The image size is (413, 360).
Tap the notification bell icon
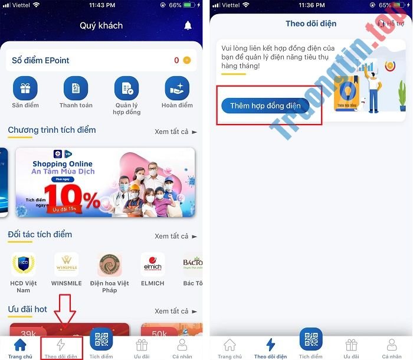click(x=188, y=25)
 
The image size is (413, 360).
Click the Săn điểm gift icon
click(x=25, y=89)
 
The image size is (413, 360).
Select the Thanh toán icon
click(x=76, y=89)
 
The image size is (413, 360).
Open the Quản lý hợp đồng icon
click(x=126, y=89)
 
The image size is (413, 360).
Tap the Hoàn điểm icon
click(x=177, y=89)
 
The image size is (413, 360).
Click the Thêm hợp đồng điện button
click(x=265, y=106)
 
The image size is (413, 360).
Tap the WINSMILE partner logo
click(x=66, y=264)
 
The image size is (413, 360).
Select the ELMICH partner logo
click(x=153, y=264)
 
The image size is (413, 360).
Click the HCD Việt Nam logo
click(x=24, y=264)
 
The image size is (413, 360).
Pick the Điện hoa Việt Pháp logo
click(x=110, y=264)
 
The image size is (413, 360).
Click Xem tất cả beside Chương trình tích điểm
click(x=175, y=132)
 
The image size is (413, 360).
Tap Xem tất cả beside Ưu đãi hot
click(x=175, y=311)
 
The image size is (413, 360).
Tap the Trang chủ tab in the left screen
click(x=20, y=348)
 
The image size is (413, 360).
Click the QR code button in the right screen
click(x=310, y=340)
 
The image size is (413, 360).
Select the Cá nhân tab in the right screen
click(x=392, y=348)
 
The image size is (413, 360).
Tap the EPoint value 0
click(x=176, y=60)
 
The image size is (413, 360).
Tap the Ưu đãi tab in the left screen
click(x=142, y=348)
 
